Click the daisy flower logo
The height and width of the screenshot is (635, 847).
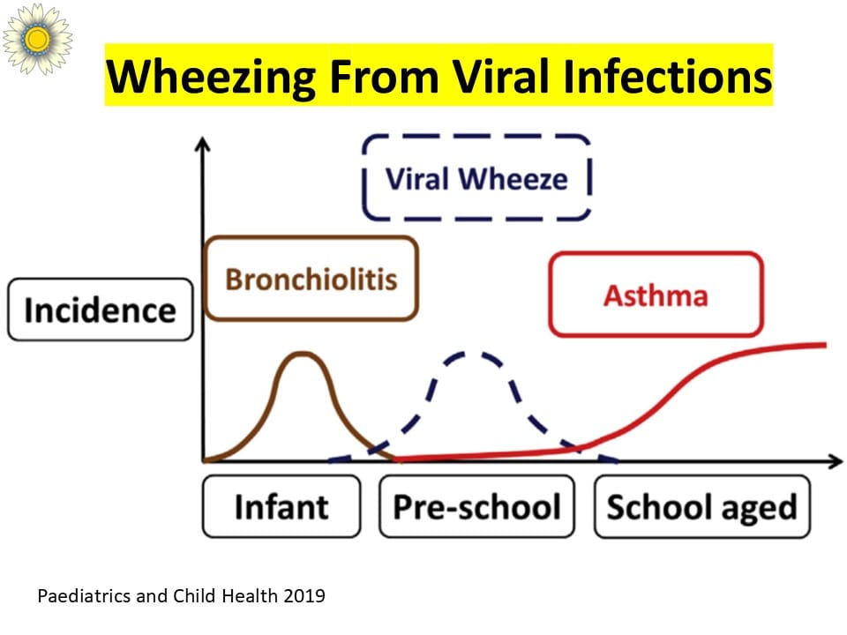coord(37,38)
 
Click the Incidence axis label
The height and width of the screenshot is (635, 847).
coord(101,310)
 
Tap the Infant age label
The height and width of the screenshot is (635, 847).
coord(281,506)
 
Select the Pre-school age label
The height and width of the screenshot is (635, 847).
coord(476,506)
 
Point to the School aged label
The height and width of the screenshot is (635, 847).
coord(702,506)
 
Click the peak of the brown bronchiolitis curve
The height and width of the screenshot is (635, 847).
coord(303,354)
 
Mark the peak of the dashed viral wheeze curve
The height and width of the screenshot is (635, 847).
coord(473,354)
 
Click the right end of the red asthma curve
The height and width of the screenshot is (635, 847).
coord(826,345)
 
